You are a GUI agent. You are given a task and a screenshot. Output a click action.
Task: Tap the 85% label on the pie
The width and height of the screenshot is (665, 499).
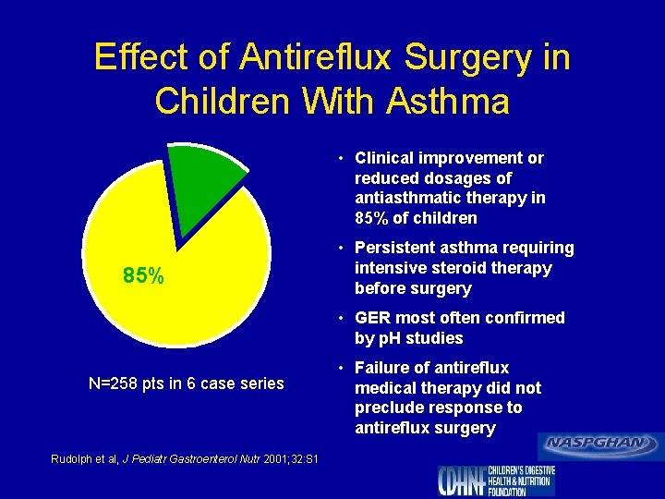pos(143,275)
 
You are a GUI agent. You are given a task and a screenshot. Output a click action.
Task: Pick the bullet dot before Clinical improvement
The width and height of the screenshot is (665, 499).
pos(342,159)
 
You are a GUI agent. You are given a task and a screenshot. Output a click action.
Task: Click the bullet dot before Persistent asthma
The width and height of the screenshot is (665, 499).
pos(342,249)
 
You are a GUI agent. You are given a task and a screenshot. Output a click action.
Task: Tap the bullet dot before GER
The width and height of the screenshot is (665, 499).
pos(342,319)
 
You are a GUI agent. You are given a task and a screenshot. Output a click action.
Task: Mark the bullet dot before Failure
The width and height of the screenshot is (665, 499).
pos(342,369)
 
